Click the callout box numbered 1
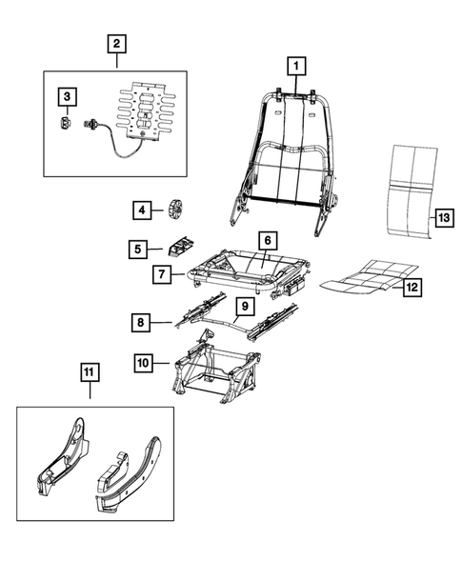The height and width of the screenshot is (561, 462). coord(296,66)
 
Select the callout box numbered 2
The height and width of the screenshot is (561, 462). coord(115,43)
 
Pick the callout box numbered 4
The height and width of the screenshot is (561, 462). coord(141,209)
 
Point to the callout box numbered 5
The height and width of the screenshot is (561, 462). coord(139,250)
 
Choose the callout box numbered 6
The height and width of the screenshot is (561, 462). coord(267,241)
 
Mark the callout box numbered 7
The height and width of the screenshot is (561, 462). coord(163,275)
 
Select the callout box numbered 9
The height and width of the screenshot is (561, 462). coord(244,307)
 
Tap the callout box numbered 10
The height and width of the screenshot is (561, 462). coord(144,362)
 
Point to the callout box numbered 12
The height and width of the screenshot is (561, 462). coord(412,287)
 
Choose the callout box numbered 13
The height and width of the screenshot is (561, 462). coord(443,218)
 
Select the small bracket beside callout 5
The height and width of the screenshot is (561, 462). coord(179,247)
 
